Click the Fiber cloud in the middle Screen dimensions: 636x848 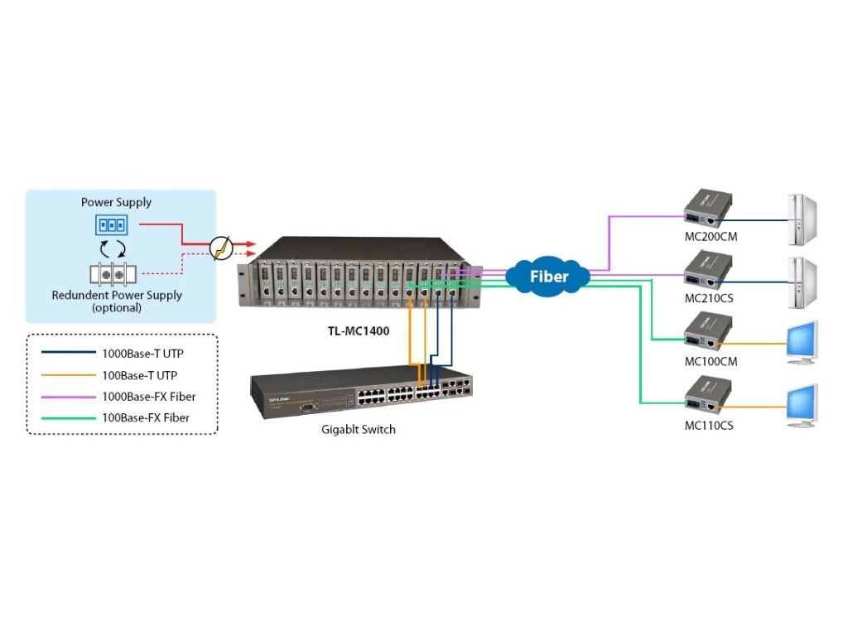click(549, 276)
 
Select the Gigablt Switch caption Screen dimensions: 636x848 click(359, 430)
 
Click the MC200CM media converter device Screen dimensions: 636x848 click(705, 210)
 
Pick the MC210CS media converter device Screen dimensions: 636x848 click(705, 271)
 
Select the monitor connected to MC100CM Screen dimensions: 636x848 click(801, 341)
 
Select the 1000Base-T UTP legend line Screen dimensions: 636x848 click(68, 353)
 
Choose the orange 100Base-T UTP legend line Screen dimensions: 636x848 click(68, 375)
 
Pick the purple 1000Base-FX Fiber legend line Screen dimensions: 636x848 click(68, 397)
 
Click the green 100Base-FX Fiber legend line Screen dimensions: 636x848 click(68, 418)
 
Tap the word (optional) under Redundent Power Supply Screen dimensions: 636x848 click(117, 307)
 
